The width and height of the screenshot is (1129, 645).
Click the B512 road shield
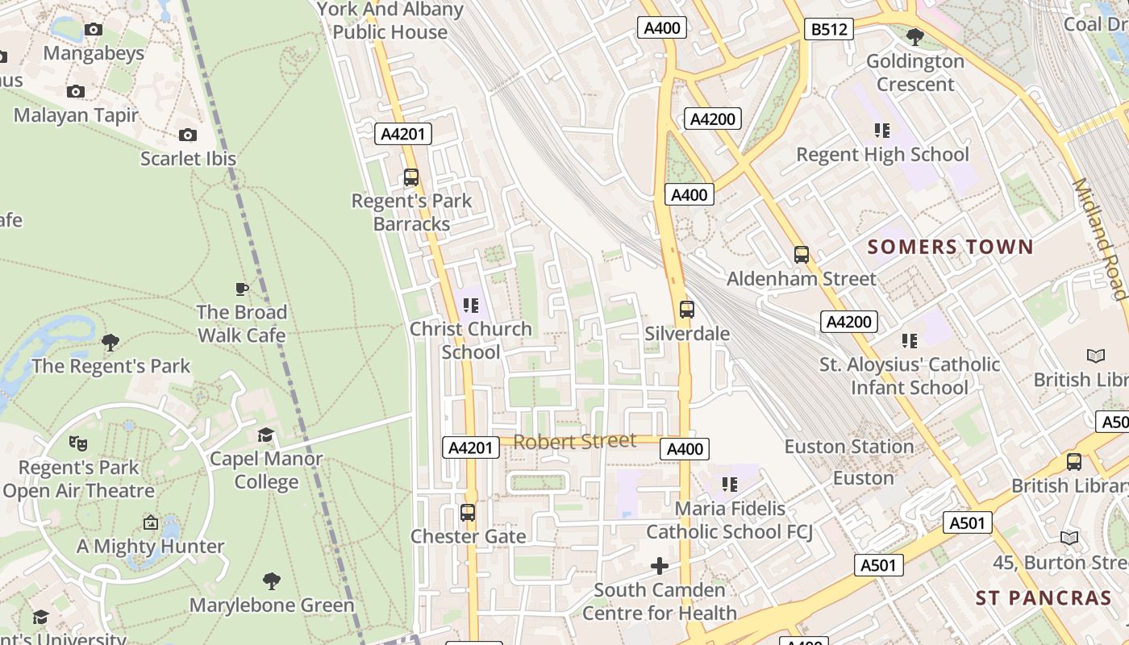coord(828,30)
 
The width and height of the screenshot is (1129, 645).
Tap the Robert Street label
coord(574,441)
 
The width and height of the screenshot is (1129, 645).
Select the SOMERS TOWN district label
coord(950,247)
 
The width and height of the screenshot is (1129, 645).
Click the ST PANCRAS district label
coord(1043,597)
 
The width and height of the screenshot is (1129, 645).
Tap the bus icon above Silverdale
coord(686,309)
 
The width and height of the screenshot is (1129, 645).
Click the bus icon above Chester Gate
coord(467,512)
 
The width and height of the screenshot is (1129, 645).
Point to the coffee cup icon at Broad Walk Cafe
coord(241,289)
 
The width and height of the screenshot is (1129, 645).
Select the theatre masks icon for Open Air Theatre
coord(77,443)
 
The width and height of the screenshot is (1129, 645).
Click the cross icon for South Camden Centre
coord(660,566)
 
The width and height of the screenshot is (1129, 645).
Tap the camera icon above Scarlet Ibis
coord(188,135)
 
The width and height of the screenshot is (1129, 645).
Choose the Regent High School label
coord(882,154)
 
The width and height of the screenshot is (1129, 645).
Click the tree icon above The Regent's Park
coord(110,343)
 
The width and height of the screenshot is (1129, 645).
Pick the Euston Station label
coord(848,446)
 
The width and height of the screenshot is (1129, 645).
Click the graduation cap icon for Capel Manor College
coord(265,435)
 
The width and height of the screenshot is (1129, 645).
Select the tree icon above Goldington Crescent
coord(914,36)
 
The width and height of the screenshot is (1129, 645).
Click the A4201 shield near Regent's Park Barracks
coord(403,134)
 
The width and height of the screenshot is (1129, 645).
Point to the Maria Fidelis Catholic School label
coord(729,520)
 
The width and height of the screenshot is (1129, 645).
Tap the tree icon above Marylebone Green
coord(272,580)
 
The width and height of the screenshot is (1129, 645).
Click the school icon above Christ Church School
coord(471,305)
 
